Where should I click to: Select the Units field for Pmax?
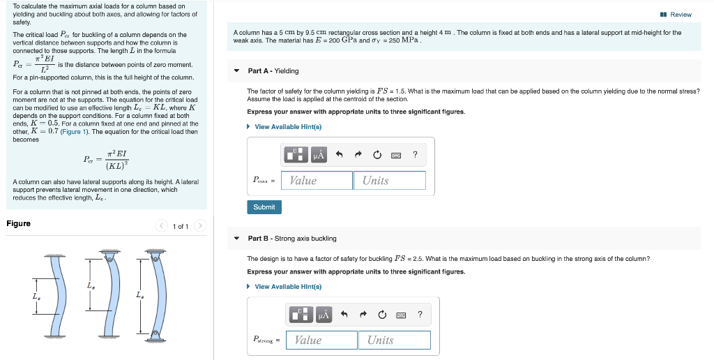(389, 180)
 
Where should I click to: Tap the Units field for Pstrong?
(395, 340)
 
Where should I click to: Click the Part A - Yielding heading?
(273, 70)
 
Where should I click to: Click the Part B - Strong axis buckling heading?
(292, 239)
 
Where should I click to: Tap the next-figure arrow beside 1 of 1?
(200, 226)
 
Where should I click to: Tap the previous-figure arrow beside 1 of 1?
(162, 226)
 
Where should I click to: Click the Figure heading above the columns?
(19, 223)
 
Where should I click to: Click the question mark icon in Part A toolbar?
(415, 155)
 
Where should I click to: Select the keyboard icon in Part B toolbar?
(401, 315)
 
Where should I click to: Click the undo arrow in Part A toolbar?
(339, 155)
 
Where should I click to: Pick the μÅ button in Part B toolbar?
(323, 315)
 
